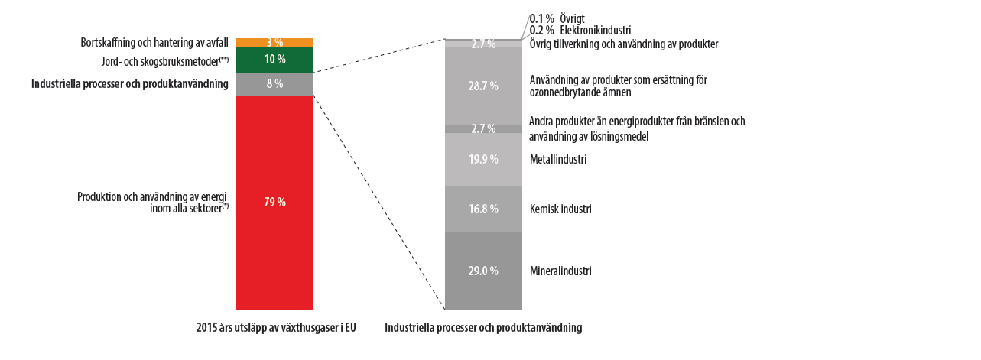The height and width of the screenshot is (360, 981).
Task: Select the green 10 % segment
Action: (274, 60)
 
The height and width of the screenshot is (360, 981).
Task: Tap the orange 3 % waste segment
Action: (274, 43)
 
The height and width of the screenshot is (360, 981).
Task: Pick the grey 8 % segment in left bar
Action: (274, 84)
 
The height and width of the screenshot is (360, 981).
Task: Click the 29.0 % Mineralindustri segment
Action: (483, 271)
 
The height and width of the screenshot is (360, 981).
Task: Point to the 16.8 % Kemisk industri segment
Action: (483, 209)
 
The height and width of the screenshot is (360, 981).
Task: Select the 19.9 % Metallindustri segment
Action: (483, 159)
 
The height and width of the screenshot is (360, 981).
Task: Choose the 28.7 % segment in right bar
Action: (483, 86)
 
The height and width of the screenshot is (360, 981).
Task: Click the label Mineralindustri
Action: (560, 271)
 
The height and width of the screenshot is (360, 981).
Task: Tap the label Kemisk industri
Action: (560, 209)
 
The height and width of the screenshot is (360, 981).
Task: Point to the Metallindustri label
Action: (557, 160)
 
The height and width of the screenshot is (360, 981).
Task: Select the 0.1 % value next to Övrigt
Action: (541, 18)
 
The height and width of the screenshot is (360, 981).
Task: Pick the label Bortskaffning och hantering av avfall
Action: (154, 43)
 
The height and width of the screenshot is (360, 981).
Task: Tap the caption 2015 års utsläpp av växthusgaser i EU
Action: (277, 328)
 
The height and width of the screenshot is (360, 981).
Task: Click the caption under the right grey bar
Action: (483, 328)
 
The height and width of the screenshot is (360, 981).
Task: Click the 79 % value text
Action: (274, 202)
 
